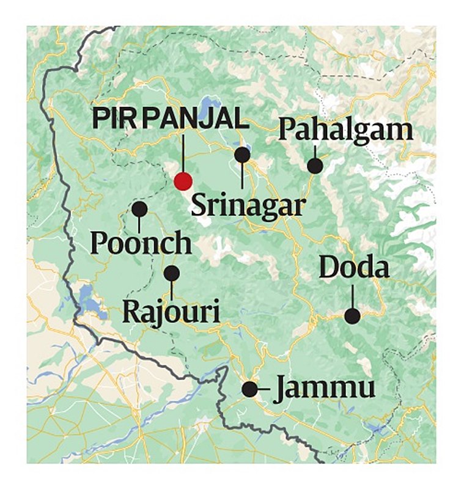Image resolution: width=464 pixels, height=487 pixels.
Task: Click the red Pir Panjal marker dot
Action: coord(183,181)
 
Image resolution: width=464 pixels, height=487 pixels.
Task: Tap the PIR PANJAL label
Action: coord(171,119)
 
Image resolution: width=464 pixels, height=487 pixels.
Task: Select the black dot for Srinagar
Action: coord(243,155)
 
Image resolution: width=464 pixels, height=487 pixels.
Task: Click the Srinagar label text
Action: coord(248,204)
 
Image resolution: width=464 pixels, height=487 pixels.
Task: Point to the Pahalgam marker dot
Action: coord(315,165)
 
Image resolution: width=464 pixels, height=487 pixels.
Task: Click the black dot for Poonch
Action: coord(139,209)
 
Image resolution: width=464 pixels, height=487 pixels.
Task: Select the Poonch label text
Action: coord(141,243)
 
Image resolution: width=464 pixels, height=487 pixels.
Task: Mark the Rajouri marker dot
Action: coord(172,273)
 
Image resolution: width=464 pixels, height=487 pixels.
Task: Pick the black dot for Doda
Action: coord(352,315)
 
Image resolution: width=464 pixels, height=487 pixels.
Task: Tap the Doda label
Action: coord(354,268)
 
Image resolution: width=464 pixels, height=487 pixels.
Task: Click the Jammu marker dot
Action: coord(249,389)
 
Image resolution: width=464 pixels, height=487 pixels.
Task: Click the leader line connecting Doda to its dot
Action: coord(353,296)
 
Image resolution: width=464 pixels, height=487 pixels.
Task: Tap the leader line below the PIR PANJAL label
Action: coord(183,153)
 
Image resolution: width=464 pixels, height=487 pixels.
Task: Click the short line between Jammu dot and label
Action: coord(263,389)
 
